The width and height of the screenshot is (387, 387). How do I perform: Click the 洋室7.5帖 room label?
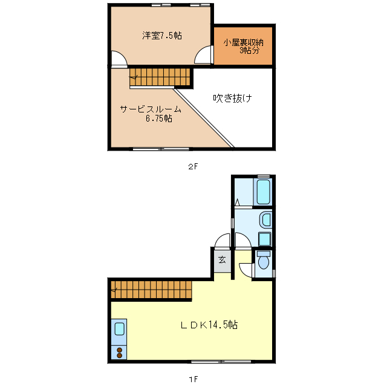(x=162, y=36)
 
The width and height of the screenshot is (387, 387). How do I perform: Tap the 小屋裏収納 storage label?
(x=243, y=42)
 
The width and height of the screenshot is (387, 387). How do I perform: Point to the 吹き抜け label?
(x=232, y=98)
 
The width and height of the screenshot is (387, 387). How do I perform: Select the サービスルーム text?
(x=151, y=109)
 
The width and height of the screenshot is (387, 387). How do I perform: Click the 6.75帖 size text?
(x=158, y=119)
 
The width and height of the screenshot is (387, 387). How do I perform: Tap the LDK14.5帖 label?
(x=209, y=325)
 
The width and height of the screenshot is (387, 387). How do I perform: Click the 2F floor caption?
(x=193, y=166)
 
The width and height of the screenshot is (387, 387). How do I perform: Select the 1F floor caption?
(x=193, y=379)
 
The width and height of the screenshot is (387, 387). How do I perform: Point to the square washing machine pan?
(x=264, y=239)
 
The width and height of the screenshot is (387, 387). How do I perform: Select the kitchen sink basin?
(x=119, y=330)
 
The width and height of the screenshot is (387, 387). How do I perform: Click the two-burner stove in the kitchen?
(x=119, y=352)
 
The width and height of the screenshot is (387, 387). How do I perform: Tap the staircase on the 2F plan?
(x=160, y=77)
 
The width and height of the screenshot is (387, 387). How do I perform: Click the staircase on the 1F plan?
(x=151, y=290)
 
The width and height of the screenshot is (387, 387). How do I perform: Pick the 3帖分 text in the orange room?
(x=249, y=51)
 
